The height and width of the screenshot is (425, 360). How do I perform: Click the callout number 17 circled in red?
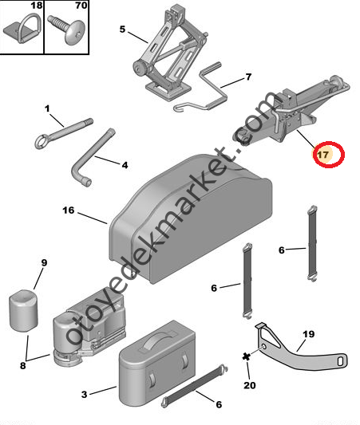(322, 155)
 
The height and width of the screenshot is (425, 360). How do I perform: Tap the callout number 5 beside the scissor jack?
(123, 29)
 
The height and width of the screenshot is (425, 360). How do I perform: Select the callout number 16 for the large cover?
(69, 210)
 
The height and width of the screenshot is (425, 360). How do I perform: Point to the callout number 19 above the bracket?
(309, 334)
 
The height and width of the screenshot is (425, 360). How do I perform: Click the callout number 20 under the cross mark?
(250, 385)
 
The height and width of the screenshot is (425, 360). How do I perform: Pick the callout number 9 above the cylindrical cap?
(44, 262)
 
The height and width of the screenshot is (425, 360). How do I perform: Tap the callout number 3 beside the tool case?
(85, 395)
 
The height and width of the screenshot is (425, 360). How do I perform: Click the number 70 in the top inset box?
(81, 5)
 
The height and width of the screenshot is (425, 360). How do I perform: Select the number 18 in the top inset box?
(37, 5)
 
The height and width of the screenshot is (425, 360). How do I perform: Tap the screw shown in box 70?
(66, 29)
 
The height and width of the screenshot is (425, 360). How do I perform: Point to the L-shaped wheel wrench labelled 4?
(93, 159)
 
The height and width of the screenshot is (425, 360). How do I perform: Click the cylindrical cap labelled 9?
(24, 310)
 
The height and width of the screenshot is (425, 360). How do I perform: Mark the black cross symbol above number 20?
(247, 356)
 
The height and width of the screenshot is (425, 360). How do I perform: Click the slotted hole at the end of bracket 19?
(340, 361)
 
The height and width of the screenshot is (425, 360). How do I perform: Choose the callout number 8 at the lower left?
(23, 365)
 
